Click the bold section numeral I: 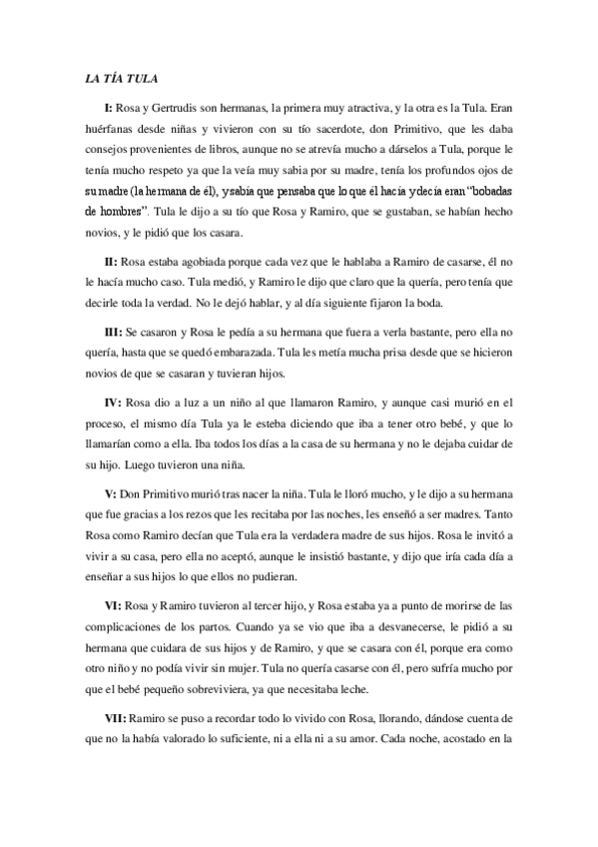pos(109,107)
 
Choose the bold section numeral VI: pos(112,607)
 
